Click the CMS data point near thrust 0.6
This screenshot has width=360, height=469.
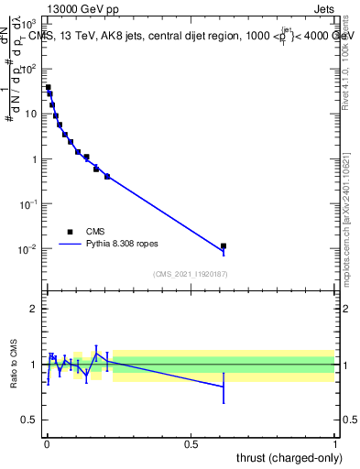coord(224,245)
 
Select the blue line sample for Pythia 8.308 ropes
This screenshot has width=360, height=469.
coord(70,245)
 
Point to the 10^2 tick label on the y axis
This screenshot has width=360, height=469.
coord(30,69)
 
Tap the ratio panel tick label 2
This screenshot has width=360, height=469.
coord(34,309)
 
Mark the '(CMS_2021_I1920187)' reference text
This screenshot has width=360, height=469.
coord(191,273)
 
